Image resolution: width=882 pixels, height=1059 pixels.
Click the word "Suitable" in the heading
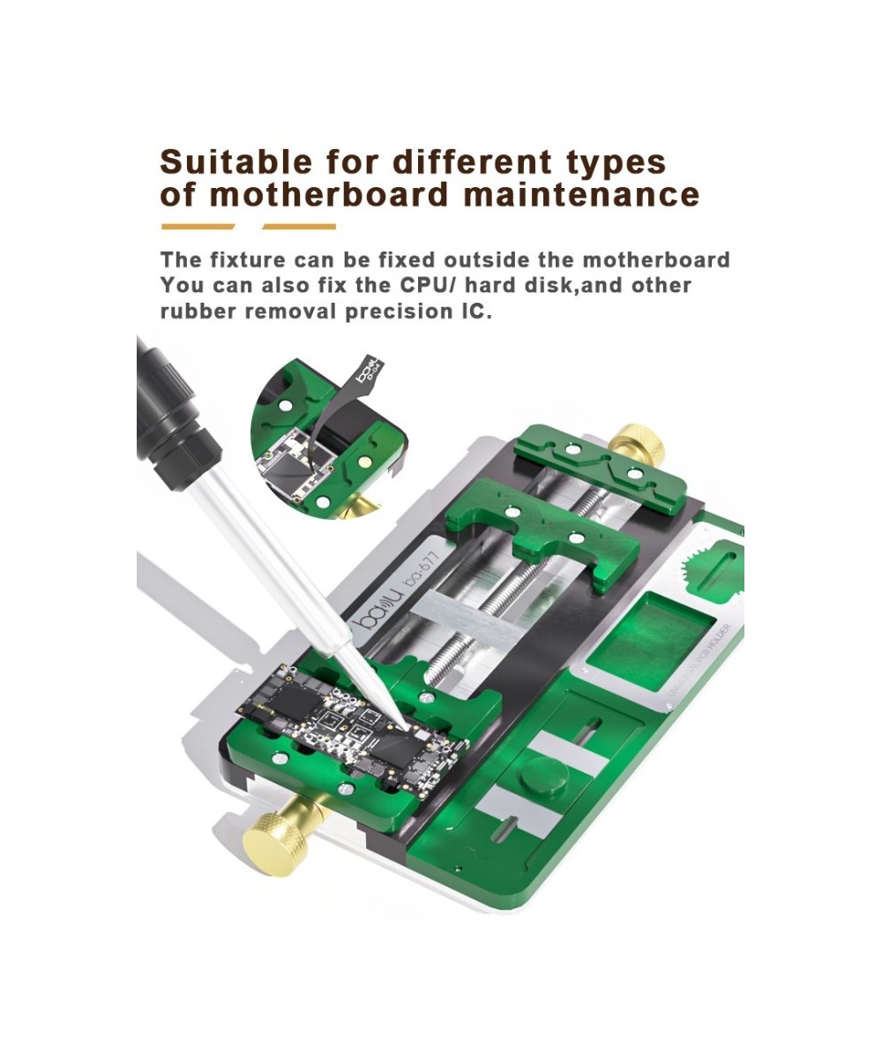pyautogui.click(x=224, y=163)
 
